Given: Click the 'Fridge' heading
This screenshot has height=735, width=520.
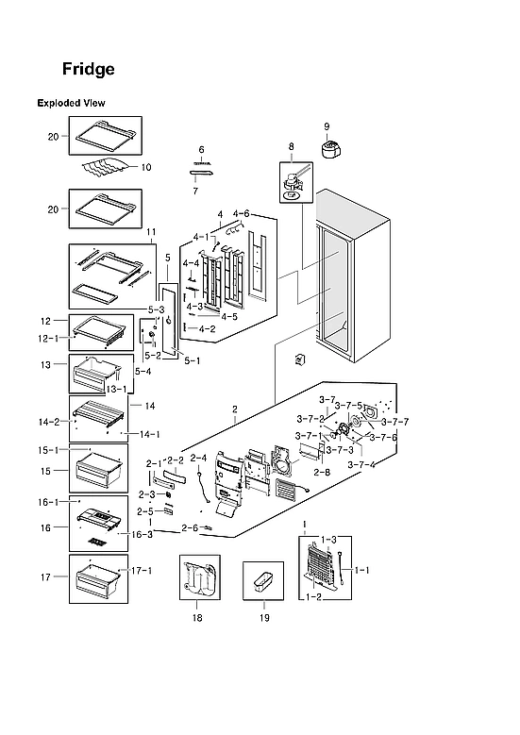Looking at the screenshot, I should (89, 70).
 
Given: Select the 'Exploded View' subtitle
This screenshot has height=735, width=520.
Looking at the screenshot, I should (71, 103).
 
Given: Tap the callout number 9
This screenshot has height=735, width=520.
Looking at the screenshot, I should (327, 127).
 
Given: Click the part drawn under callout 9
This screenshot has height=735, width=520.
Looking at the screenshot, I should (331, 151).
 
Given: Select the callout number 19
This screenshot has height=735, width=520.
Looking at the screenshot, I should (263, 618).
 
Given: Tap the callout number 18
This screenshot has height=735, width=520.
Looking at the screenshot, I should (197, 618).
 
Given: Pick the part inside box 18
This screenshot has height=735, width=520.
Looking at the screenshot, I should (199, 577).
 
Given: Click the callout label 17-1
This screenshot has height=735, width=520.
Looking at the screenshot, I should (142, 571).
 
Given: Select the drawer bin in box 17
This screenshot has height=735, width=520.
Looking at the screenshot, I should (99, 578).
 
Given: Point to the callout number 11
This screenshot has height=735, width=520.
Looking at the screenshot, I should (151, 231).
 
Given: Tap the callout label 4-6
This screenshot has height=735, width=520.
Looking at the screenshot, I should (241, 214).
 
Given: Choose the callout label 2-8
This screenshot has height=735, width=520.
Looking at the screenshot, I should (322, 471).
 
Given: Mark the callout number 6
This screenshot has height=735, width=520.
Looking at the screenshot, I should (202, 150).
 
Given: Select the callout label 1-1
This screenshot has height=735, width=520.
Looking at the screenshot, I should (362, 570).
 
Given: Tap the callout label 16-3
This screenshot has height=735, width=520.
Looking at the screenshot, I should (141, 534).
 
